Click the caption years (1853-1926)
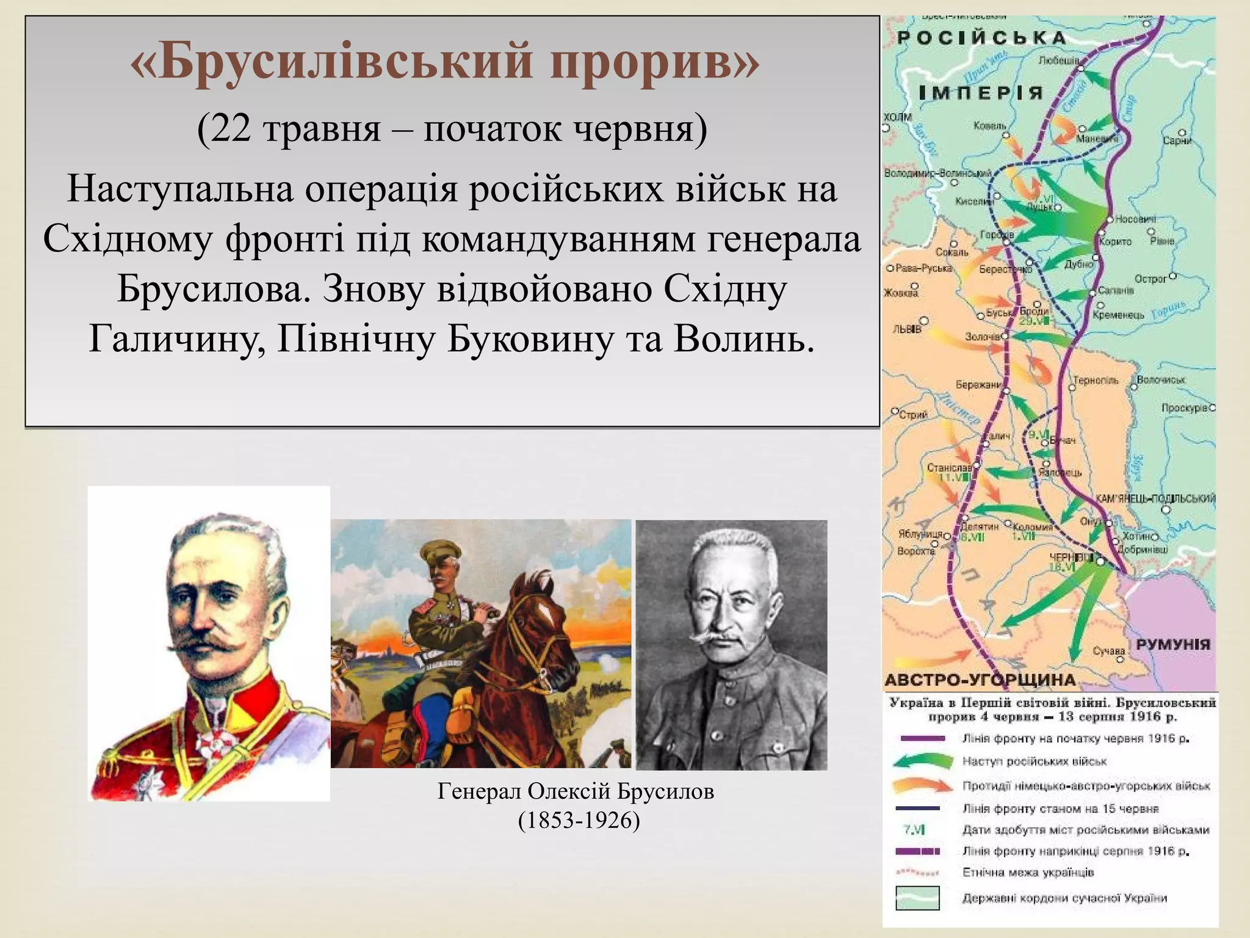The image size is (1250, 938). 579,820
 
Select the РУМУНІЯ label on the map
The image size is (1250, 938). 1172,645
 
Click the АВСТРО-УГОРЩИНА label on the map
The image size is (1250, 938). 980,680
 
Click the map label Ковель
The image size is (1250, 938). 990,126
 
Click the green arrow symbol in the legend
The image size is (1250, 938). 922,761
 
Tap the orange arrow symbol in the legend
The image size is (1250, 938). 922,785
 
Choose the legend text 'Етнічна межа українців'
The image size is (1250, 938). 1028,872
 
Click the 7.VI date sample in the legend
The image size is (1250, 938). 914,829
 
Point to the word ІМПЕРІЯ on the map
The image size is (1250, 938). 980,93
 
